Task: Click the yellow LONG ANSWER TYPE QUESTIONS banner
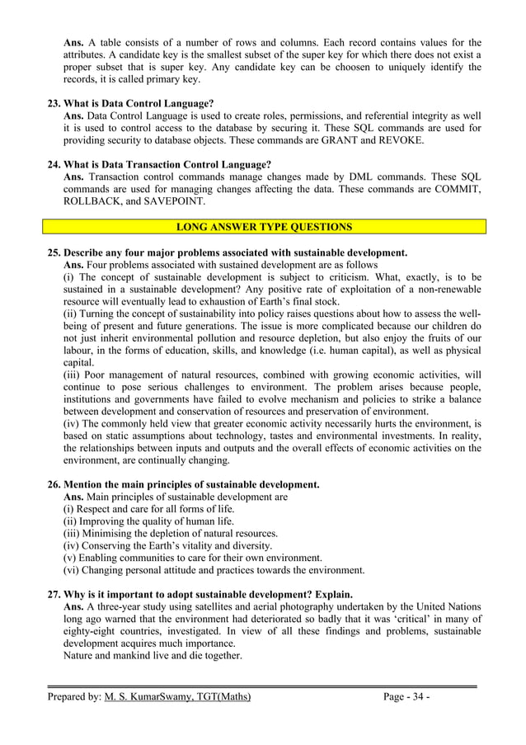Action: point(265,227)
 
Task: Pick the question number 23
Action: point(54,104)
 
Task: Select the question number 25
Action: point(54,252)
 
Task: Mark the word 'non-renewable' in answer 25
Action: point(445,290)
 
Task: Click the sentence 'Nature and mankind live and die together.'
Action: point(153,656)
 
